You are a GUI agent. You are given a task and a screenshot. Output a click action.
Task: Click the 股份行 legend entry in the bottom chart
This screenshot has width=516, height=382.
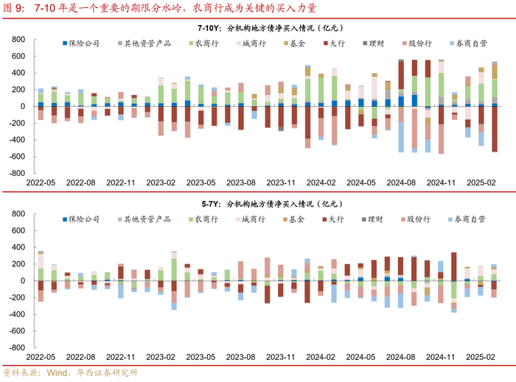415,219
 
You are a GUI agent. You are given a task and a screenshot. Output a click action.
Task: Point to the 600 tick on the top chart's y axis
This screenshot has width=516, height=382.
17,56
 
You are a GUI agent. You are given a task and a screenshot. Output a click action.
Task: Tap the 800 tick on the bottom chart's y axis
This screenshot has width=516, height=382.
17,214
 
